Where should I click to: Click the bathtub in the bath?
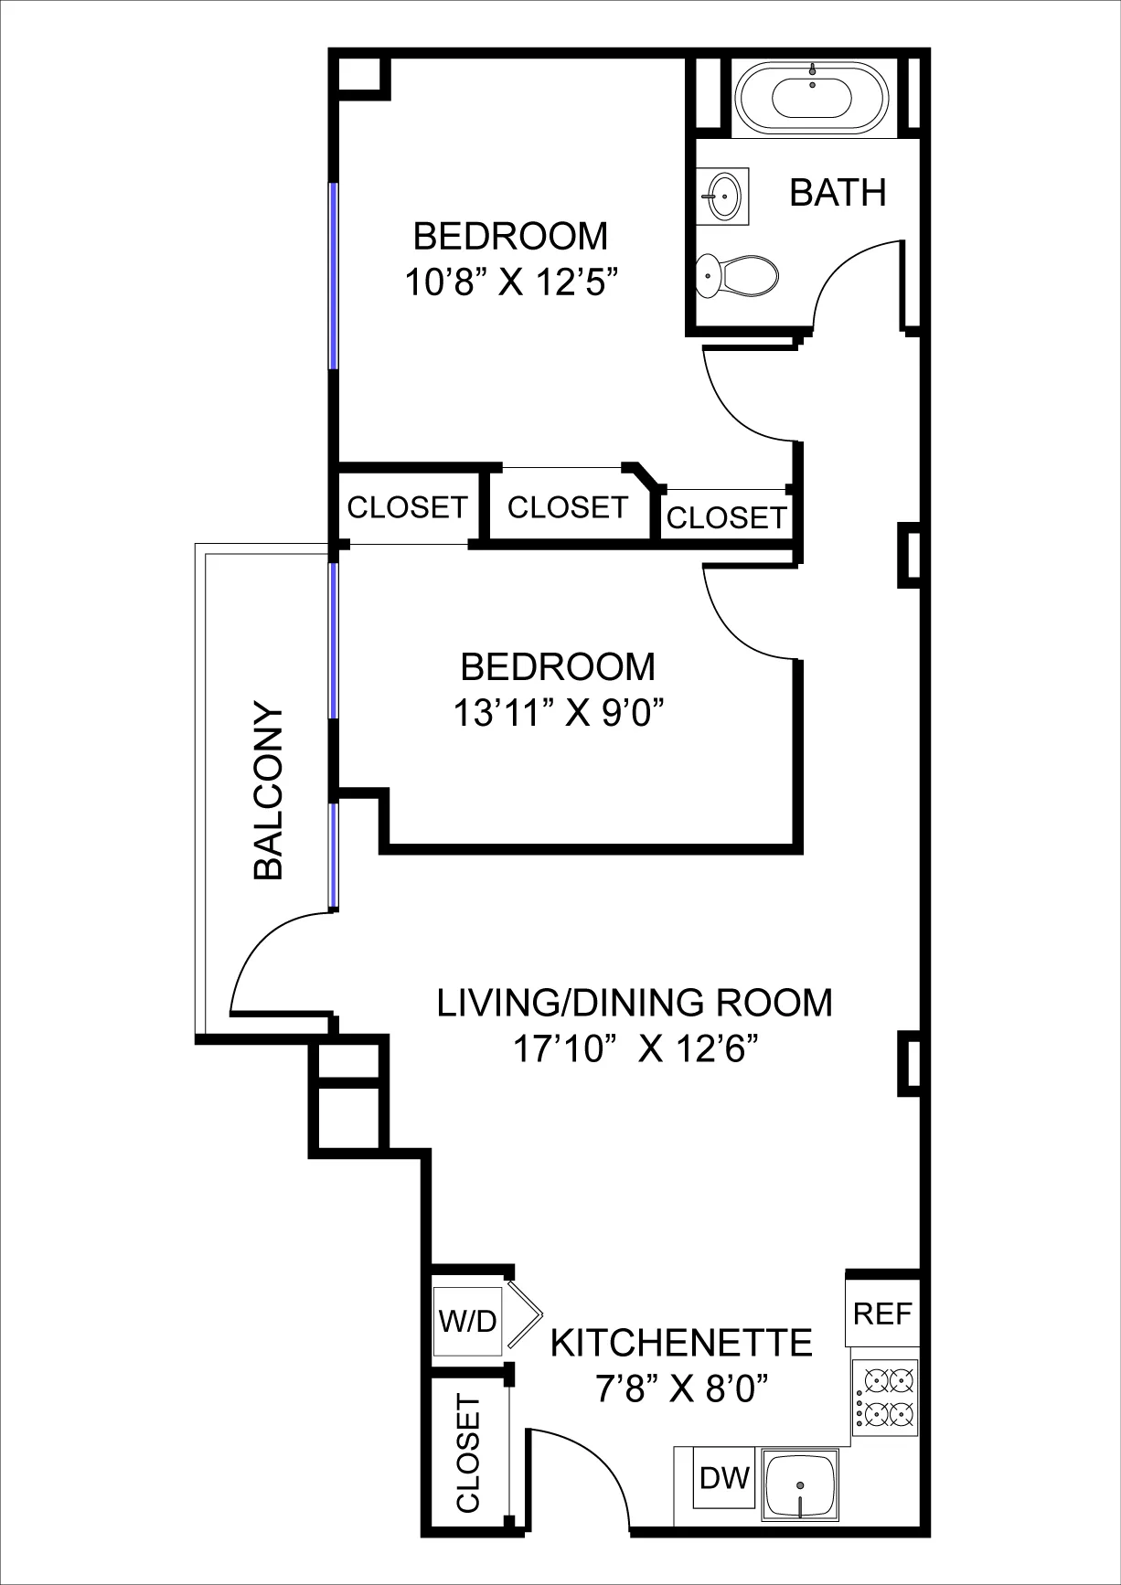pos(812,96)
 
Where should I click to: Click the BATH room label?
pos(838,193)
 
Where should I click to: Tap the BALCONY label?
pos(269,791)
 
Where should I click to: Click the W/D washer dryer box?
pos(467,1320)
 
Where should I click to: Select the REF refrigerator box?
pos(882,1314)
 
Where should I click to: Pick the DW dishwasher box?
pos(724,1478)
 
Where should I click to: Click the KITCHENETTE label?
pos(681,1343)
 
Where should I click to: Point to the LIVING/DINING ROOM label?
pos(635,1003)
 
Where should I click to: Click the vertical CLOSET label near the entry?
pos(468,1453)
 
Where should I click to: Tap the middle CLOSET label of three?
pos(567,507)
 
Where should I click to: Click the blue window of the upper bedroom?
pos(334,275)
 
